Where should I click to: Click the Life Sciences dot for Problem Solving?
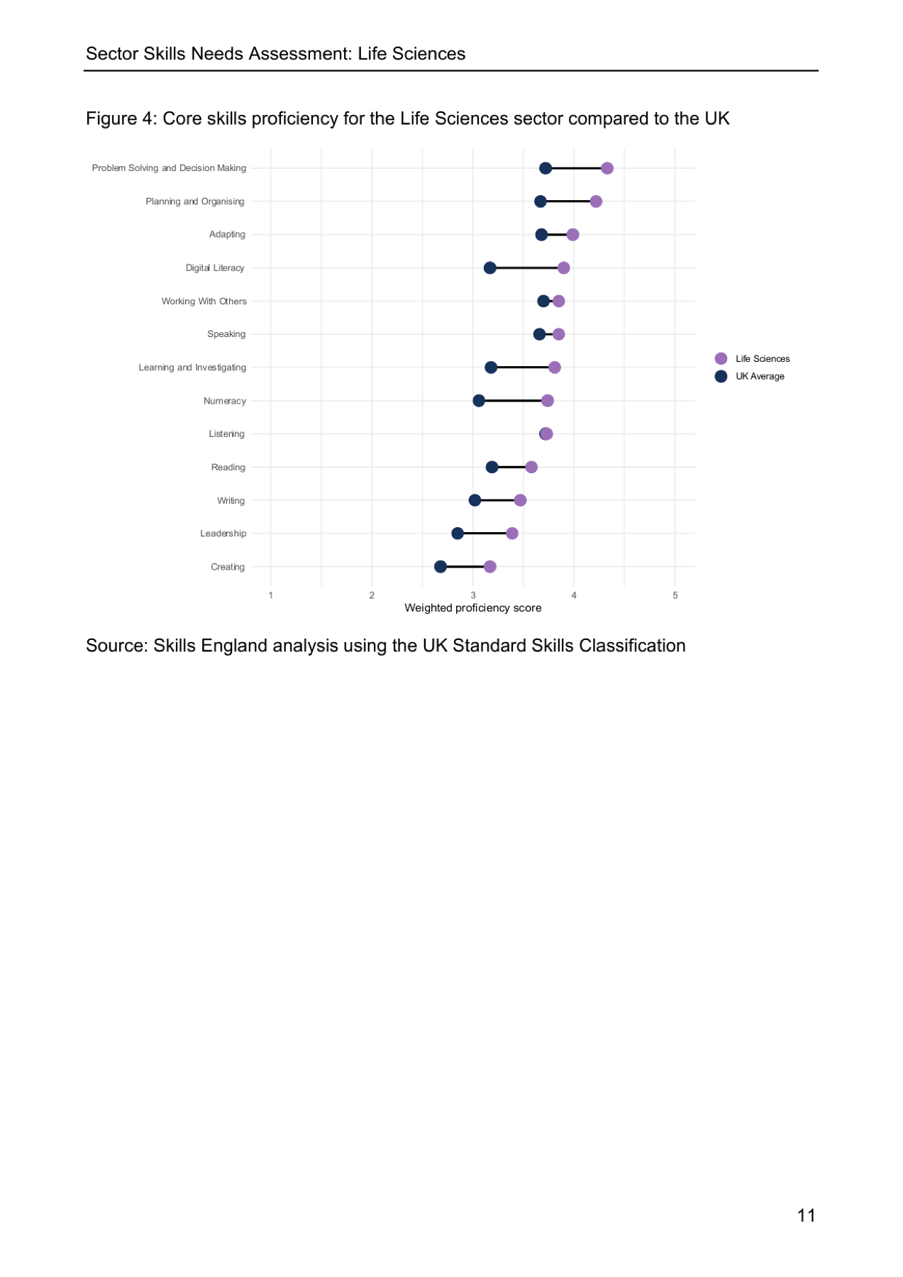pos(606,168)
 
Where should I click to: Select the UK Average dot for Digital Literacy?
pos(489,267)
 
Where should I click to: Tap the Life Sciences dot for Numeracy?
pos(547,401)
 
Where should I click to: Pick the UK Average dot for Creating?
pos(441,566)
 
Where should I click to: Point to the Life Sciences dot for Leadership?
pos(512,534)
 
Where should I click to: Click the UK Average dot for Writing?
pos(475,500)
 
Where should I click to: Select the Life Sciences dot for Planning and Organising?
pos(596,201)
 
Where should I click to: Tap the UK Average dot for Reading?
pos(492,467)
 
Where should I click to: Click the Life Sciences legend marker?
pos(721,358)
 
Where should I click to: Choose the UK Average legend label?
pos(760,377)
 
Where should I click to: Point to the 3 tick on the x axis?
pos(473,595)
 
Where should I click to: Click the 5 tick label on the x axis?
pos(675,595)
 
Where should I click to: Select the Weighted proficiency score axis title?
pos(473,608)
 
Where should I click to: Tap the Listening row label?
pos(226,434)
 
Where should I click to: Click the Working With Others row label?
pos(204,302)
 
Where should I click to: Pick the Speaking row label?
pos(226,334)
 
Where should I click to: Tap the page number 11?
pos(806,1215)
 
